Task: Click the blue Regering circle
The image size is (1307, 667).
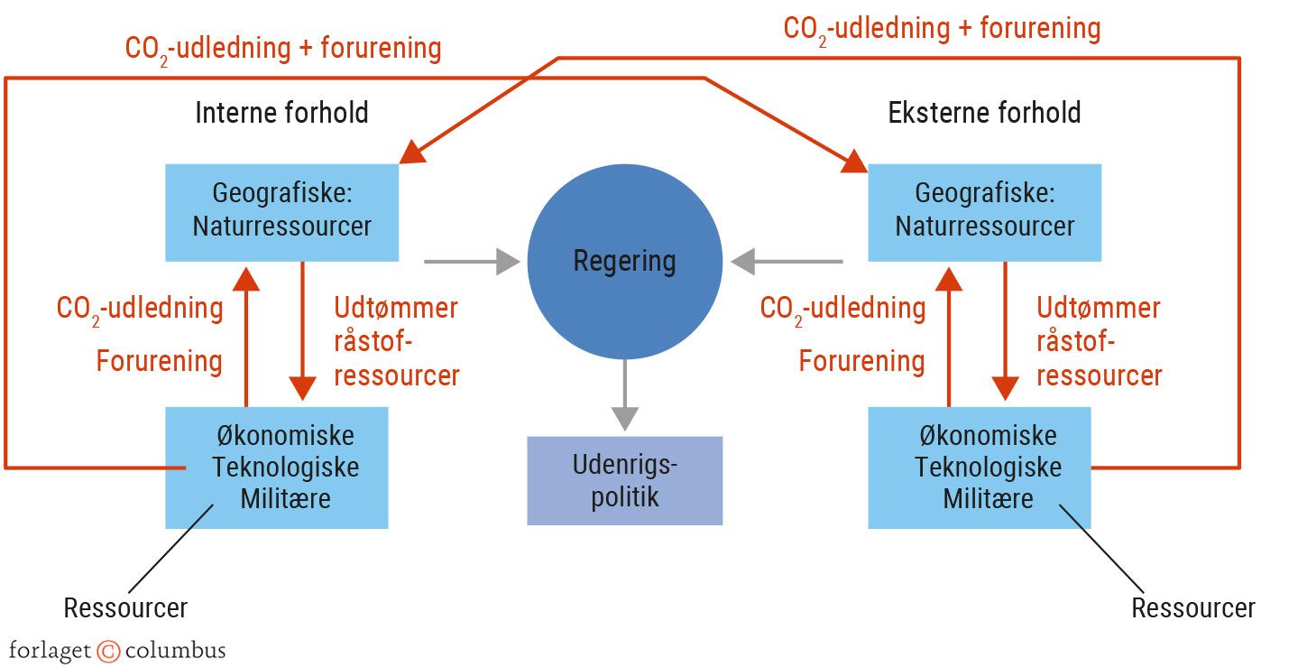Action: pyautogui.click(x=624, y=262)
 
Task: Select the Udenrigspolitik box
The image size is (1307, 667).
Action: pyautogui.click(x=624, y=480)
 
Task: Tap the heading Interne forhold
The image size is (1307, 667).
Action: pyautogui.click(x=281, y=113)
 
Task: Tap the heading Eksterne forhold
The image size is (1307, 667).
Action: pyautogui.click(x=984, y=113)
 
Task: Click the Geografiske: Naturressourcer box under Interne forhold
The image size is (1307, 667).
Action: pyautogui.click(x=281, y=212)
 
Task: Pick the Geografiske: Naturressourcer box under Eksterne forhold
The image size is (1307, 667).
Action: pyautogui.click(x=984, y=212)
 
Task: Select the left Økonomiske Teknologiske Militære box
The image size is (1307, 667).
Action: pyautogui.click(x=276, y=468)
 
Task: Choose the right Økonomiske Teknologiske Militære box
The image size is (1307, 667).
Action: pyautogui.click(x=979, y=468)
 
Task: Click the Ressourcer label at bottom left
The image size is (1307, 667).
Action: pyautogui.click(x=125, y=607)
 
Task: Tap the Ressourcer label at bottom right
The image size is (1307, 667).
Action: pyautogui.click(x=1192, y=607)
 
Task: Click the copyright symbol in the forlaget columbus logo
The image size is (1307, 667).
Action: pyautogui.click(x=108, y=651)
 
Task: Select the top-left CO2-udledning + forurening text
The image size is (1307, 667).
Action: pyautogui.click(x=282, y=48)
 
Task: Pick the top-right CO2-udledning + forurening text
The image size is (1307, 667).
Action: pyautogui.click(x=942, y=28)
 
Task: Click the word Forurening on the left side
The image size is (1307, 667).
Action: pyautogui.click(x=159, y=361)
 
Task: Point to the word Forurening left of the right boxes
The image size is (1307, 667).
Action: pyautogui.click(x=861, y=361)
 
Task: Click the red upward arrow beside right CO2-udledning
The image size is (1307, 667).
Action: pyautogui.click(x=948, y=334)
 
